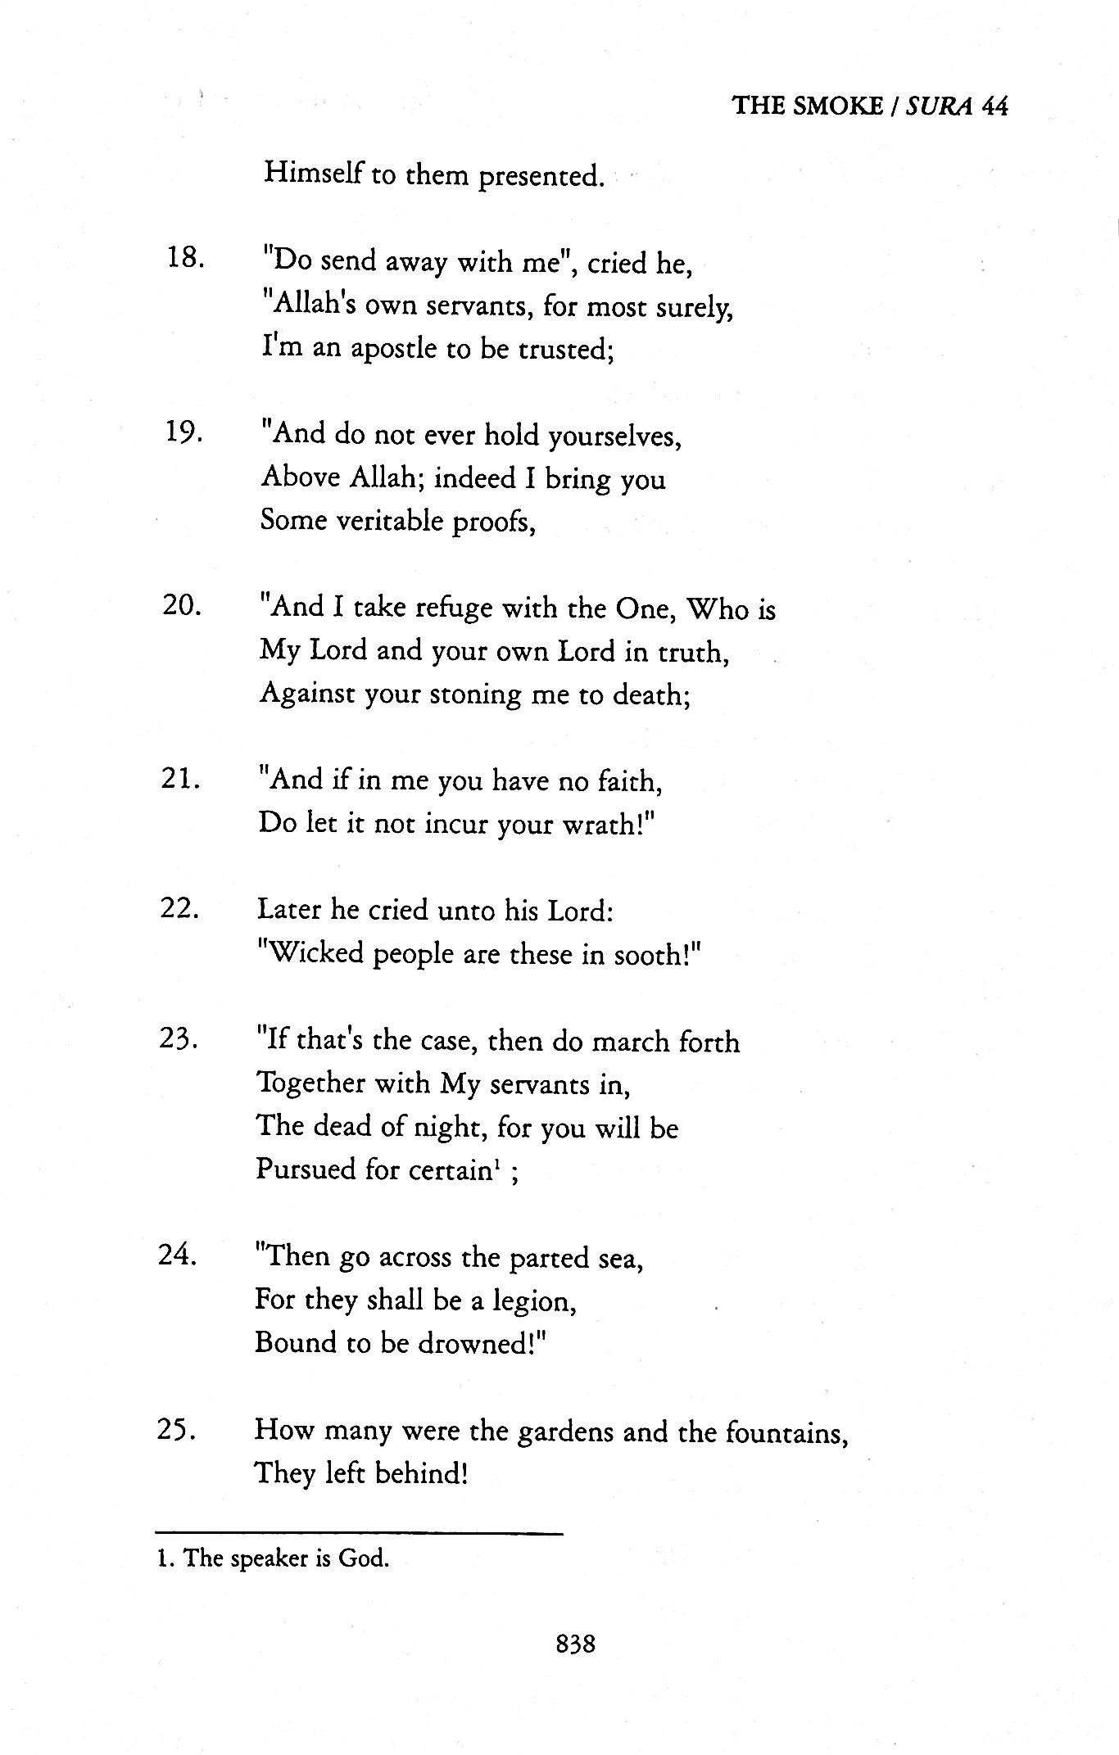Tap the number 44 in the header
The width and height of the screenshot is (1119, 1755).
coord(993,106)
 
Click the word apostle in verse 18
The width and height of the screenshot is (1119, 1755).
coord(393,350)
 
